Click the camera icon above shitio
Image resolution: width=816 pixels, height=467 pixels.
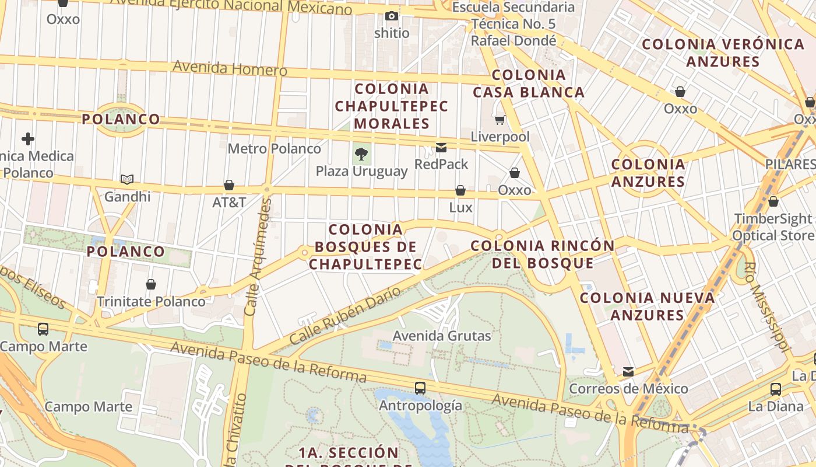[x=392, y=16]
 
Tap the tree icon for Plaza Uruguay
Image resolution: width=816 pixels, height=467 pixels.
[x=361, y=154]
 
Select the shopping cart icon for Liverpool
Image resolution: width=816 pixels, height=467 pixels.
[x=500, y=120]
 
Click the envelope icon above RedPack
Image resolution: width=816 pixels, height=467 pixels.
[x=441, y=148]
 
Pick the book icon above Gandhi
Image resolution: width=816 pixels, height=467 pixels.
[x=127, y=179]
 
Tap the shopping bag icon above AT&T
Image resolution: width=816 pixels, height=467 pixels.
[x=229, y=186]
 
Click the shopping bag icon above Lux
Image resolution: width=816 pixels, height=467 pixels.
[x=460, y=191]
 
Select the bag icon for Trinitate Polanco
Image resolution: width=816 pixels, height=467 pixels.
[x=151, y=284]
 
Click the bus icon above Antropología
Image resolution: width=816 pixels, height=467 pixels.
[x=420, y=388]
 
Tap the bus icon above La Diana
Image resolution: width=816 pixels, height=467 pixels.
[x=775, y=389]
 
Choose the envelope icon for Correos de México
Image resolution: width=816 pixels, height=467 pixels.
[x=628, y=372]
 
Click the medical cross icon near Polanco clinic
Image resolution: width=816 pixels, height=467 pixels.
[x=27, y=139]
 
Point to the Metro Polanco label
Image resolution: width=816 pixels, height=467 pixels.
[x=274, y=148]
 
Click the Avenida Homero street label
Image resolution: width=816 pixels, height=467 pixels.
[x=230, y=68]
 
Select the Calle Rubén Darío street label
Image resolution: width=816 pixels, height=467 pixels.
[x=345, y=315]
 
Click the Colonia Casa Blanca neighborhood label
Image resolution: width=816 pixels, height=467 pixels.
[x=529, y=83]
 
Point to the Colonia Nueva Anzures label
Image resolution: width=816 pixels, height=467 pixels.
[x=648, y=306]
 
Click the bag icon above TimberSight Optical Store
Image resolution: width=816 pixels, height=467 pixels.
[x=773, y=202]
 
